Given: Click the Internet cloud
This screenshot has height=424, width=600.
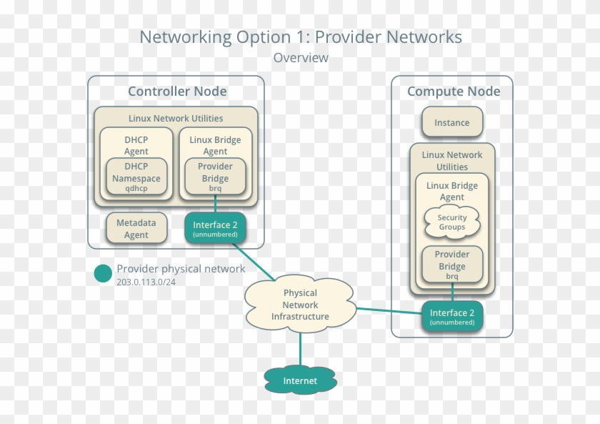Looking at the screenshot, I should [x=300, y=380].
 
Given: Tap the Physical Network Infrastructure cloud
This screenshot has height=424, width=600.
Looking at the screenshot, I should [x=300, y=305].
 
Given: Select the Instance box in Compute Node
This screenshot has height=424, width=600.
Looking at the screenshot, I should [x=451, y=122].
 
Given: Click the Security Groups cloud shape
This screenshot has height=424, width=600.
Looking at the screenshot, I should [x=451, y=222].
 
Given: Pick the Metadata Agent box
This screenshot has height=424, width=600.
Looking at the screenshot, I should [x=136, y=228].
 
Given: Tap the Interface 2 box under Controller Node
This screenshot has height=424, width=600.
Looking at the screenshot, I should [x=215, y=228].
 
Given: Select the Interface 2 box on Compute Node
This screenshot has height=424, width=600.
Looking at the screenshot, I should [x=451, y=316].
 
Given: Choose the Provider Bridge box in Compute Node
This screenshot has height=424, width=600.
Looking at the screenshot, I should [x=451, y=264].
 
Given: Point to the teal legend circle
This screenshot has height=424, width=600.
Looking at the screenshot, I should [x=103, y=274].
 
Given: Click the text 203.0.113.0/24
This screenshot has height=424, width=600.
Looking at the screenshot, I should [x=146, y=282].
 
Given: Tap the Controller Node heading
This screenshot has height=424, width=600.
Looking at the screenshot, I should [x=177, y=92].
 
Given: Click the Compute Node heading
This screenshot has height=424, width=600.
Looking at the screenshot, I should [x=453, y=92].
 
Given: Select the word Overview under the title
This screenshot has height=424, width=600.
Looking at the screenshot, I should [x=301, y=58].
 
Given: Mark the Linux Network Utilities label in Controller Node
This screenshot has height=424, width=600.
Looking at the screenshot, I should [x=176, y=118].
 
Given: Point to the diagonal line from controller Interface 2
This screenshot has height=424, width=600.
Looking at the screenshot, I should [x=254, y=262].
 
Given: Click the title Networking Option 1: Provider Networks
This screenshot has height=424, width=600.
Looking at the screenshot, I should [x=301, y=37].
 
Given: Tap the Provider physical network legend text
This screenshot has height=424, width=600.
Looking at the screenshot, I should [x=181, y=269].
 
